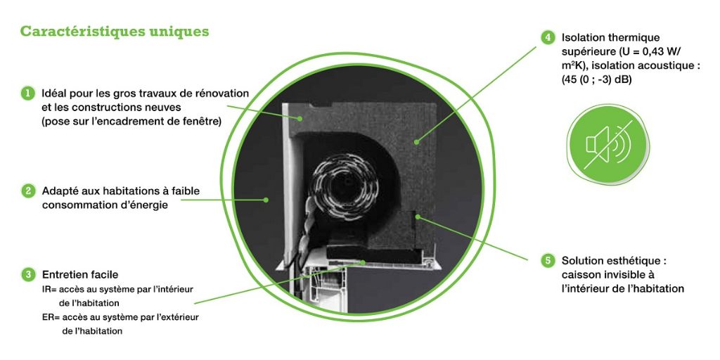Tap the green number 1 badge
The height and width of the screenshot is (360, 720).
[28, 94]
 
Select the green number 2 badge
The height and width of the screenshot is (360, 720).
[28, 191]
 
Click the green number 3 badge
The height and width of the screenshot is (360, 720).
[28, 275]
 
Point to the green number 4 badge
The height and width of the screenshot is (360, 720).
[548, 37]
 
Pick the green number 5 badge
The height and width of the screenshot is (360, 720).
[548, 261]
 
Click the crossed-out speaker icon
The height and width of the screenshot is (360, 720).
[608, 144]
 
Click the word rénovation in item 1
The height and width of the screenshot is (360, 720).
[224, 94]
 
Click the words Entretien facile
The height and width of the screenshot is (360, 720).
[80, 275]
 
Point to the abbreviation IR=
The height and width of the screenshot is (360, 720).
[50, 290]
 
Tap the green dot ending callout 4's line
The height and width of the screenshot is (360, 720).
[416, 142]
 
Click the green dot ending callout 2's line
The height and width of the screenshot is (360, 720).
[266, 200]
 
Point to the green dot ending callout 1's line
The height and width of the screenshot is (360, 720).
[300, 118]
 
